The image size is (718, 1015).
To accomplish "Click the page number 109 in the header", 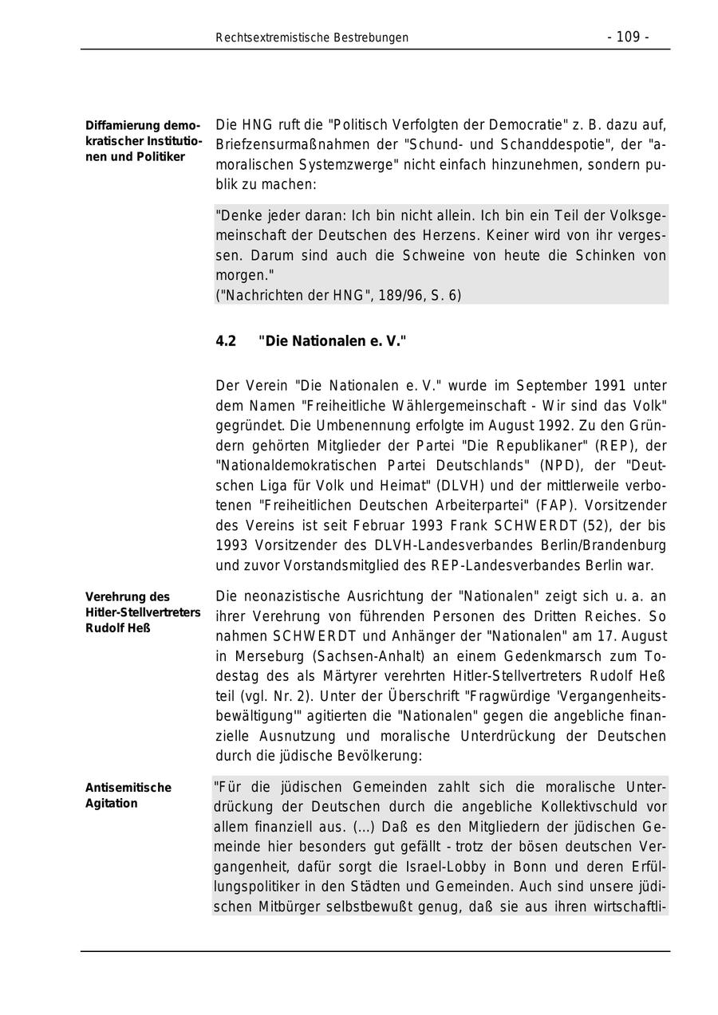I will click(x=628, y=37).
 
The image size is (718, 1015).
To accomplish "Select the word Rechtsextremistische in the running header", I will click(x=269, y=37).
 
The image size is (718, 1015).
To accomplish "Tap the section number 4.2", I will click(x=226, y=341).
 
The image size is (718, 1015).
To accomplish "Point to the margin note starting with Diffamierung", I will click(x=144, y=141).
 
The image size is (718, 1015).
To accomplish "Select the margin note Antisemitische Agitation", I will click(x=128, y=795).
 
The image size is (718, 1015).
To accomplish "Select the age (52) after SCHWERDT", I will click(x=590, y=525).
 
